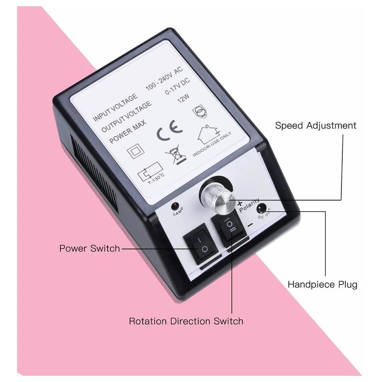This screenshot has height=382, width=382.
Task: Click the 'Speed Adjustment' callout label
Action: [x=316, y=126]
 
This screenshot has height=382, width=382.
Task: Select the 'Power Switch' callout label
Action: [x=89, y=249]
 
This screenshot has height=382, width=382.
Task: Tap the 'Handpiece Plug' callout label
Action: [x=322, y=285]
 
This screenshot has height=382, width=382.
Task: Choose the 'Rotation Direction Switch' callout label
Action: [x=186, y=321]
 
